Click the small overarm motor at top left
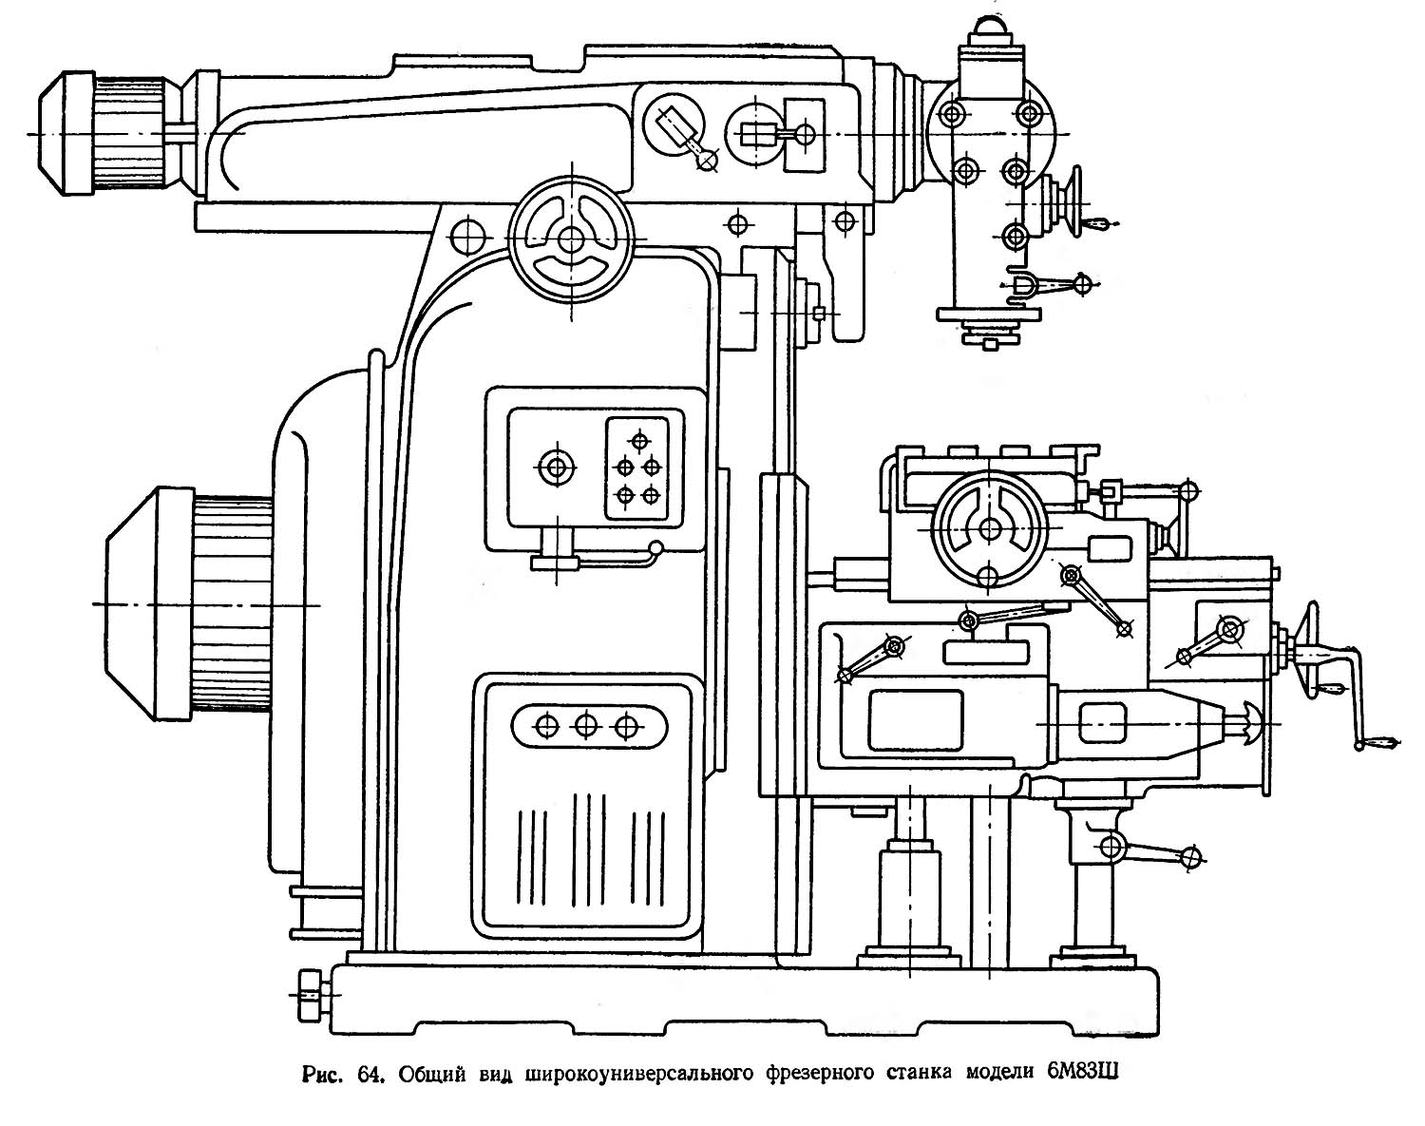coord(104,134)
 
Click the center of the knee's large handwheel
coord(989,528)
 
